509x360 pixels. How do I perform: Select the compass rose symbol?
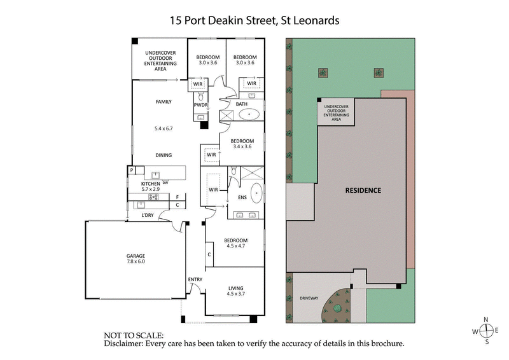487,331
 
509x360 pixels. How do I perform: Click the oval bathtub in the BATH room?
248,116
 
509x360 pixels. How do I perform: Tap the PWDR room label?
200,104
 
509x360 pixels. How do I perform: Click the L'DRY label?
148,216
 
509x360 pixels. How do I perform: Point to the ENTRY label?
195,279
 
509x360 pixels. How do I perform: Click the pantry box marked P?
132,170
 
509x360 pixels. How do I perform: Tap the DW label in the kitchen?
165,183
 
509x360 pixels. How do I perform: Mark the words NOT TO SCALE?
134,335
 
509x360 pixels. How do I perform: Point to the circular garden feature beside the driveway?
335,308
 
